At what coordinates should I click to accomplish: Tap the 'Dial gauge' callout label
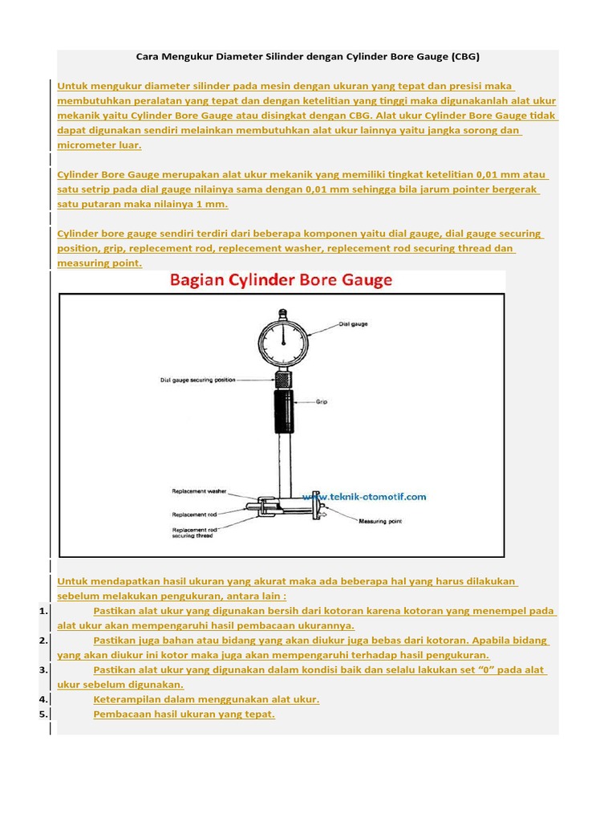[x=353, y=324]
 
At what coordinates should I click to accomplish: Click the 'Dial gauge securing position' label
[x=198, y=380]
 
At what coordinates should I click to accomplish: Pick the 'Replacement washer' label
[x=200, y=491]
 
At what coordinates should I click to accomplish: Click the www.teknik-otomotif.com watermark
[x=365, y=497]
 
